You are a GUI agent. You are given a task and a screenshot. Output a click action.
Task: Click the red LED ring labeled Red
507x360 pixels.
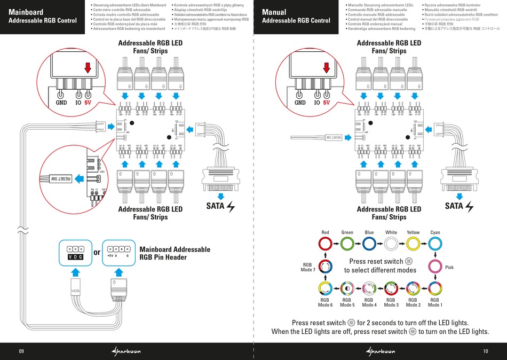pos(326,245)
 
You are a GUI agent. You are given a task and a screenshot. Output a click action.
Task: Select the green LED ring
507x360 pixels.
pos(347,245)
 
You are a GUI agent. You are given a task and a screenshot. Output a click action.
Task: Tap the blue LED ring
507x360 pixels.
pos(369,245)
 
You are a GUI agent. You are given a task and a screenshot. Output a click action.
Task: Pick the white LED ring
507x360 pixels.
pos(391,245)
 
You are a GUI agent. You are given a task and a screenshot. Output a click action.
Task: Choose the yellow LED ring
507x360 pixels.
pos(413,245)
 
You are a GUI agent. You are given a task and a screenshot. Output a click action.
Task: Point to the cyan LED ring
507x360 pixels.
pos(435,245)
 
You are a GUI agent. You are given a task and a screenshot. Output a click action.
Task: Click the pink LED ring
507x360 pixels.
pos(435,267)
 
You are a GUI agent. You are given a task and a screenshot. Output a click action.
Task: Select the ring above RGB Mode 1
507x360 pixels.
pos(435,288)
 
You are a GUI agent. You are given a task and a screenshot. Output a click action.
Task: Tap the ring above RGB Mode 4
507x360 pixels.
pos(369,288)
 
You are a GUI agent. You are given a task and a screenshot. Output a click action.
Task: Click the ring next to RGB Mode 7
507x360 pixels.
pos(326,267)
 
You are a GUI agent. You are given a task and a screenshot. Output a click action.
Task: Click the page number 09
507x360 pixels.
pos(21,351)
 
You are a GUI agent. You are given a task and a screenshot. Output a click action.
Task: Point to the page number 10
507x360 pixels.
pos(485,351)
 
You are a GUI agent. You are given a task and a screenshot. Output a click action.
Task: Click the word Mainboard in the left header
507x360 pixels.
pos(27,12)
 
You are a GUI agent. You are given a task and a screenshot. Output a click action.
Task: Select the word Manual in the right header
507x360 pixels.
pos(274,12)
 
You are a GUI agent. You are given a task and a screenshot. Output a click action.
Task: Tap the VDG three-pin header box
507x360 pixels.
pos(75,252)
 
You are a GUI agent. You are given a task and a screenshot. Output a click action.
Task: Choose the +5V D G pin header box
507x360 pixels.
pos(117,252)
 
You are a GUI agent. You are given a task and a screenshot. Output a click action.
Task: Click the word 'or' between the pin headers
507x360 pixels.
pos(97,252)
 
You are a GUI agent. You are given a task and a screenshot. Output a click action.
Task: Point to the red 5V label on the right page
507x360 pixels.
pos(326,103)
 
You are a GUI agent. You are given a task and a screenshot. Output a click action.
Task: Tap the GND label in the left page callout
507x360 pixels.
pos(61,103)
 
